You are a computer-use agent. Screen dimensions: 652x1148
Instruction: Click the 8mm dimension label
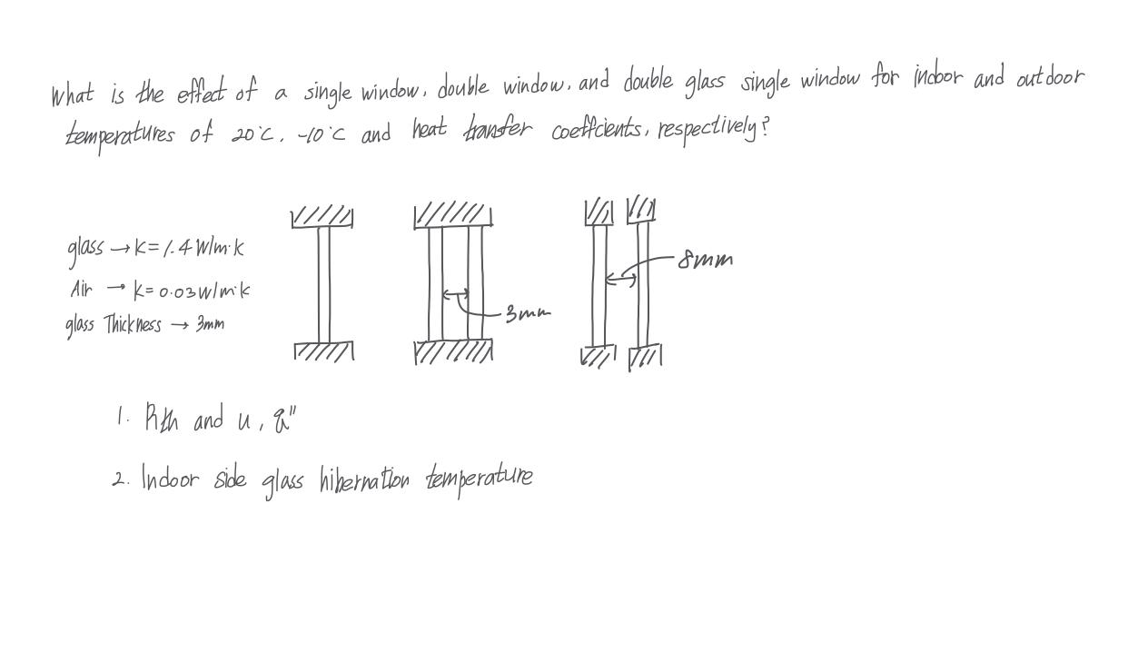(706, 261)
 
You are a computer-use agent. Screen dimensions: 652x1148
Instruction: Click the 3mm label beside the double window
(527, 314)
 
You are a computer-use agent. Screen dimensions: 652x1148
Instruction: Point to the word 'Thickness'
(133, 324)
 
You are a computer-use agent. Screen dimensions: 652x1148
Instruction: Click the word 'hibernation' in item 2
(364, 479)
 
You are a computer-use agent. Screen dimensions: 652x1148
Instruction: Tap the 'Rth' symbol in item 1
(162, 420)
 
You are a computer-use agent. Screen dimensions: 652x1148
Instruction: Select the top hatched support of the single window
(322, 217)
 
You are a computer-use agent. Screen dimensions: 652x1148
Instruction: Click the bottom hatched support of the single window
(324, 351)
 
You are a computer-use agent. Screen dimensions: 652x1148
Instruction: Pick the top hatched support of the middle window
(453, 215)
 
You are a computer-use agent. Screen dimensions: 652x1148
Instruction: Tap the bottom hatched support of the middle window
(453, 351)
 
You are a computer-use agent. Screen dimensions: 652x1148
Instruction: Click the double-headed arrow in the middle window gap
(456, 294)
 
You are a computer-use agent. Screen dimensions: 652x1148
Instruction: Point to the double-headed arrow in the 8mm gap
(621, 279)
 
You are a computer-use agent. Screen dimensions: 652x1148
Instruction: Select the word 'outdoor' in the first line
(1049, 78)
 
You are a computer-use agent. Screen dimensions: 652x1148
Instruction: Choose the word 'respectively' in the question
(708, 128)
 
